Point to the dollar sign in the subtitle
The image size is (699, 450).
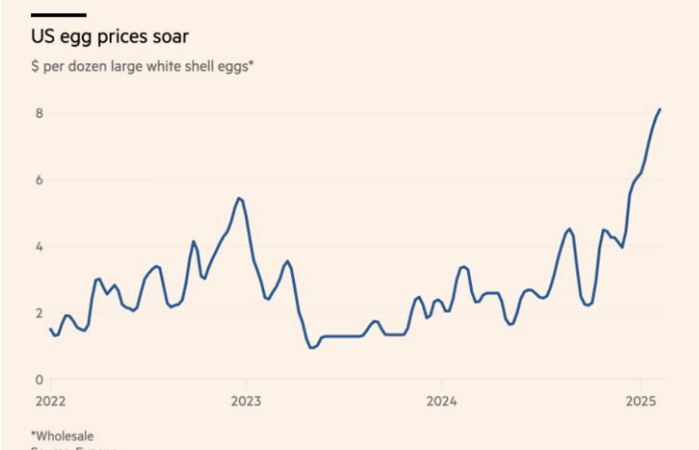34,67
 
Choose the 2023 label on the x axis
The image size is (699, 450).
246,401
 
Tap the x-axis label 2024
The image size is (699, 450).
442,401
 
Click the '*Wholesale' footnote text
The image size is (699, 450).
62,435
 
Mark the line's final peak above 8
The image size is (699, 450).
660,109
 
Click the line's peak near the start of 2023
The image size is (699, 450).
238,198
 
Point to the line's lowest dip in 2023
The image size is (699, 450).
312,348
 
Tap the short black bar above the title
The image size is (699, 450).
59,15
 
